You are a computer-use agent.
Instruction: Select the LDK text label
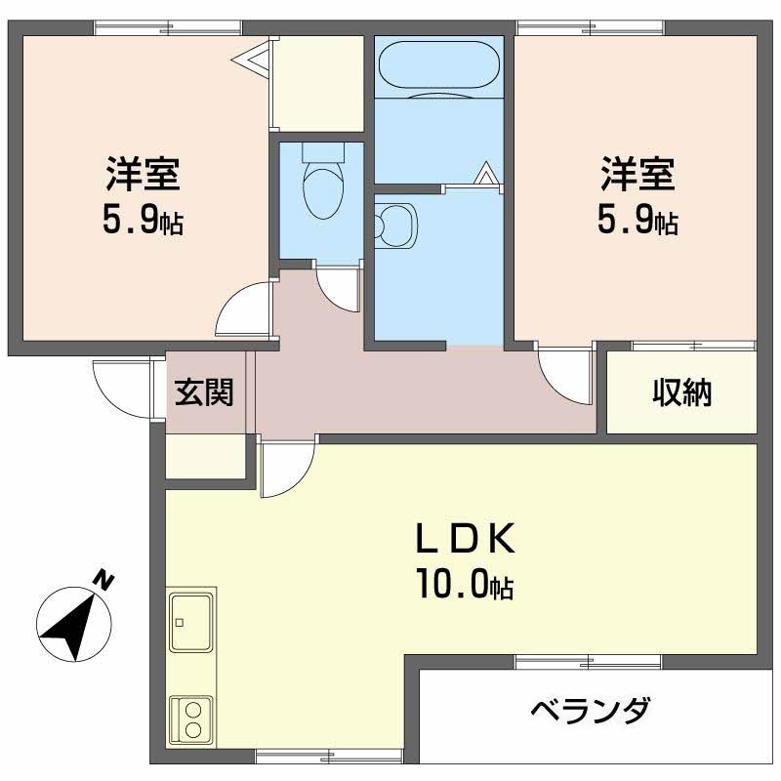[465, 539]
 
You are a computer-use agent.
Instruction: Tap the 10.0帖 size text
[465, 586]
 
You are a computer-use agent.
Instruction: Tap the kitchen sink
[192, 621]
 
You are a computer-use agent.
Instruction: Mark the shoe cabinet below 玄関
[205, 456]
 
